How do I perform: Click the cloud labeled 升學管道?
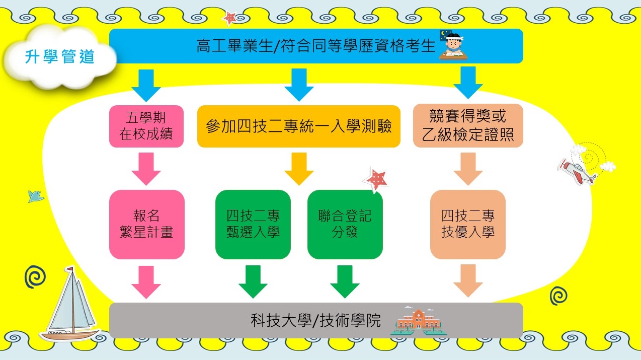point(60,56)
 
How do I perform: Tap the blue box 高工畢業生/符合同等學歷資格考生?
point(315,46)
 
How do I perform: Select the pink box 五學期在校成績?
point(146,126)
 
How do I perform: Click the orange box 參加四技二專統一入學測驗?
point(298,126)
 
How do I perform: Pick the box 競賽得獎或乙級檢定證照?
point(468,126)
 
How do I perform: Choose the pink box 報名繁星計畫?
point(147,224)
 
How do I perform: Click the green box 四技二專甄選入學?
point(253,224)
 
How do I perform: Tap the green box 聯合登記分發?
point(345,224)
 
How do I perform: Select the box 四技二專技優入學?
point(468,224)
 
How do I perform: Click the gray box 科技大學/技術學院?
point(315,320)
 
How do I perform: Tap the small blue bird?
point(36,196)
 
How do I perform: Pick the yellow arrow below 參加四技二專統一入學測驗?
point(299,169)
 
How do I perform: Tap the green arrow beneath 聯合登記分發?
point(345,281)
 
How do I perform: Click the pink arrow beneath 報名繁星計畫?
point(146,281)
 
